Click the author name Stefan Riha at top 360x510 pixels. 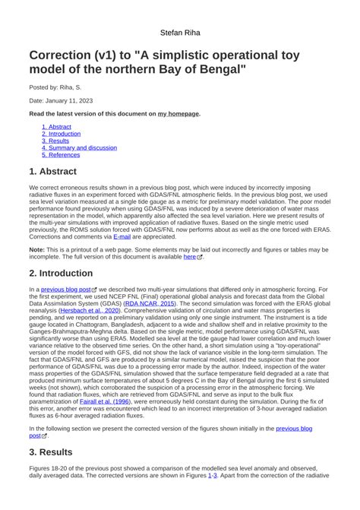180,33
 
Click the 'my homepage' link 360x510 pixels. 178,113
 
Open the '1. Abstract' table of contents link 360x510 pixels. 57,127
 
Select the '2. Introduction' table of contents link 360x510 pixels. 62,134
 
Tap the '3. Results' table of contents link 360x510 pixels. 55,141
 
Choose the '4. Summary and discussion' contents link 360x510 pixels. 80,147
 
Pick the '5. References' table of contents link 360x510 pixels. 61,154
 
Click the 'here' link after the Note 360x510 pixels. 191,257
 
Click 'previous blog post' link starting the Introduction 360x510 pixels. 66,290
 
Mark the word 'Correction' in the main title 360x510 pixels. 66,56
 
